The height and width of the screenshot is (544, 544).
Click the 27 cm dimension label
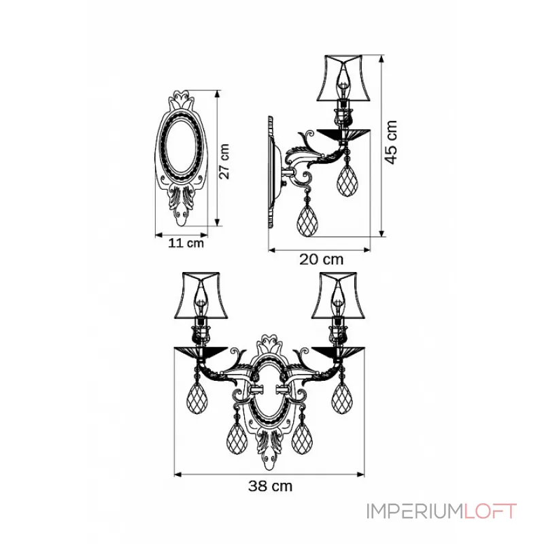click(224, 161)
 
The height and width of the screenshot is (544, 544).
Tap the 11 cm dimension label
click(186, 243)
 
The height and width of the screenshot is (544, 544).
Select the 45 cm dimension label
click(391, 142)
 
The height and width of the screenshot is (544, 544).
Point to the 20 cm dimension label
click(321, 259)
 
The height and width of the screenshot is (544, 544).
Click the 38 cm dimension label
click(270, 486)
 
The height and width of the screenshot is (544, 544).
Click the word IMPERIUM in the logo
click(415, 511)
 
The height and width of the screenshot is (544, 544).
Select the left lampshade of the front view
click(201, 295)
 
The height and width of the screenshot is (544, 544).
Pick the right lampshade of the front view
click(338, 295)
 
